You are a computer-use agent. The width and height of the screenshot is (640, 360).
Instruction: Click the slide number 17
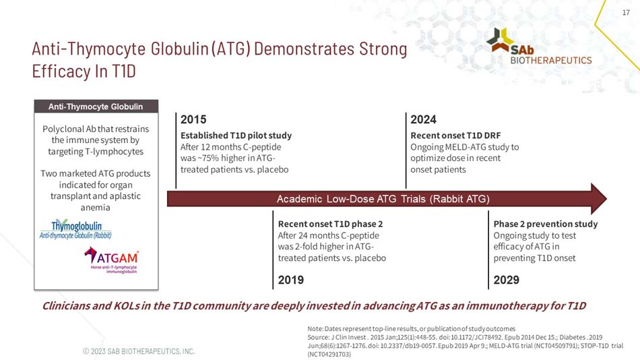tap(625, 11)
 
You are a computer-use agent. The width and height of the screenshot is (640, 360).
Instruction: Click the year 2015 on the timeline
tap(193, 120)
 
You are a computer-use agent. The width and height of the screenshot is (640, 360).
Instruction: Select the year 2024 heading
tap(424, 120)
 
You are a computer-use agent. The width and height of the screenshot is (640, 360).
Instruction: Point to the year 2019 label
tap(291, 279)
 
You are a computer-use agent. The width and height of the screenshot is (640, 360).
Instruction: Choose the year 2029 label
tap(506, 279)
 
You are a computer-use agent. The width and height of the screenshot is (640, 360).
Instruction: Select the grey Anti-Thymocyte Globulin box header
tap(95, 107)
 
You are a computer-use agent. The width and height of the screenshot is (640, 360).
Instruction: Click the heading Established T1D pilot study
tap(236, 135)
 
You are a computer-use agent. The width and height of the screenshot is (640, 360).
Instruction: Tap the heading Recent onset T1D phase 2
tap(331, 224)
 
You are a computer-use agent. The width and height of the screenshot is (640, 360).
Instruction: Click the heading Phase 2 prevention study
tap(545, 224)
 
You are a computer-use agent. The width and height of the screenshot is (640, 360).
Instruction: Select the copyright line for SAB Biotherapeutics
tap(139, 351)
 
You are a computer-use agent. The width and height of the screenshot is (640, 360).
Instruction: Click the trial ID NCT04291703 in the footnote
tap(330, 353)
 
